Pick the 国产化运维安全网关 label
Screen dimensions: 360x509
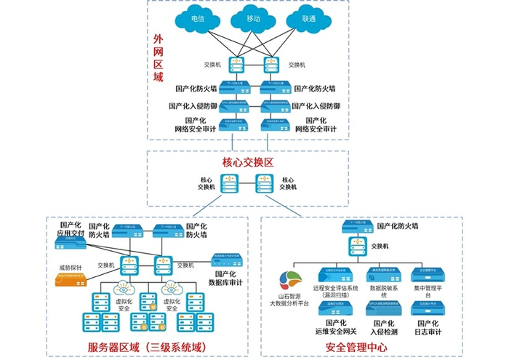[336, 327]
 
